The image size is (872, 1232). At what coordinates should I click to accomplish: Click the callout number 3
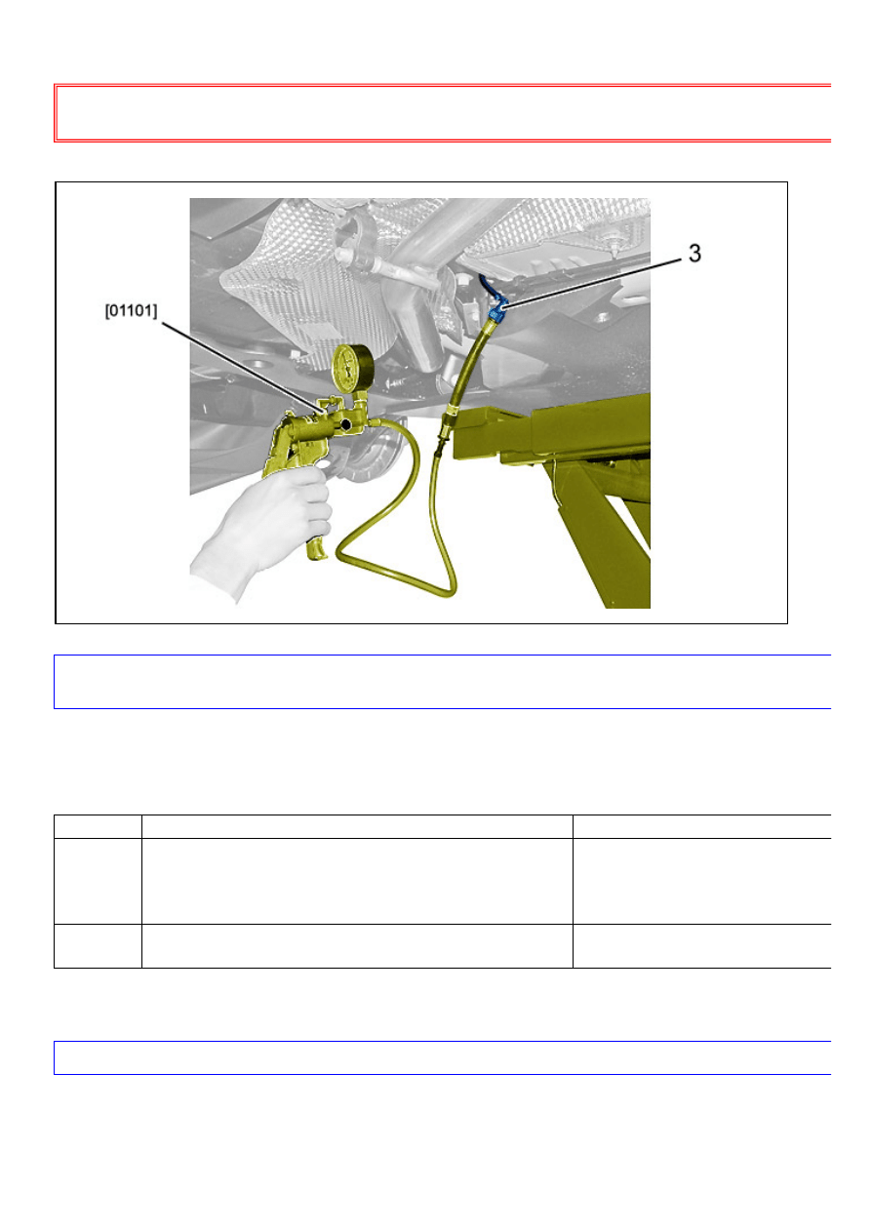pos(694,253)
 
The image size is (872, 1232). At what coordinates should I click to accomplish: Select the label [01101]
pos(131,311)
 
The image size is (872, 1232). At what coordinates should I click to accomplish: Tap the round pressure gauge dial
pos(353,368)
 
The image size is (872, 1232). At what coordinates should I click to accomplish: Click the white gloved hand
pos(264,528)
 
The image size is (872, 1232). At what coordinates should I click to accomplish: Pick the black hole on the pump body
pos(346,424)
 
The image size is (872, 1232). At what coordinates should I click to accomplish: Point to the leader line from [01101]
pos(243,367)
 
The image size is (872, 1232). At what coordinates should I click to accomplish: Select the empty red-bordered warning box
pos(443,113)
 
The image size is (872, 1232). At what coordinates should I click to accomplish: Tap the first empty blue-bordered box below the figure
pos(443,682)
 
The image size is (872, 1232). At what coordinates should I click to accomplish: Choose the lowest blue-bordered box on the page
pos(443,1057)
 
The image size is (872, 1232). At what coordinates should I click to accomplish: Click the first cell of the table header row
pos(98,826)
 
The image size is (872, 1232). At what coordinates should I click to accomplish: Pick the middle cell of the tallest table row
pos(357,881)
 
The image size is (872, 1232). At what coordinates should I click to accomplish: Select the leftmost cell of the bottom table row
pos(98,946)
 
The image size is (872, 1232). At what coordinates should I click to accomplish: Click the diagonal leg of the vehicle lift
pos(602,539)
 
